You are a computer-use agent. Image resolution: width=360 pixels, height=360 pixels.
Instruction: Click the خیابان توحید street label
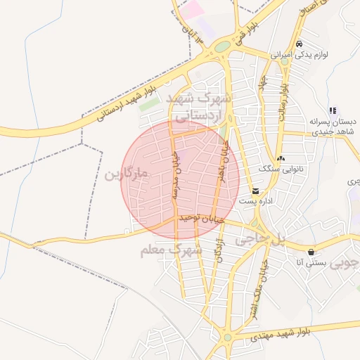pos(201,219)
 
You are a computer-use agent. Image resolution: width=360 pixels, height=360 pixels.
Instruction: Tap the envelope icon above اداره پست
pos(255,191)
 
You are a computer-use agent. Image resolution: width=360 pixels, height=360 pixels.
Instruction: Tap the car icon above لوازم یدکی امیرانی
pos(300,43)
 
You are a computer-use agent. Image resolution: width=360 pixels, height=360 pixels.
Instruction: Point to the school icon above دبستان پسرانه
pos(333,110)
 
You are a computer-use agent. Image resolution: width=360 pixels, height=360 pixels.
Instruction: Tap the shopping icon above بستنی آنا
pos(311,252)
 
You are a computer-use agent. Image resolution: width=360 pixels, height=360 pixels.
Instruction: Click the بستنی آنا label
pos(309,263)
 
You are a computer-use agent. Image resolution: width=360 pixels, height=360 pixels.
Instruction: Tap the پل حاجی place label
pos(261,239)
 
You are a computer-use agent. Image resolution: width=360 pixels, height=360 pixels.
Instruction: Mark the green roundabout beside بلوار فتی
pos(223,47)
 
